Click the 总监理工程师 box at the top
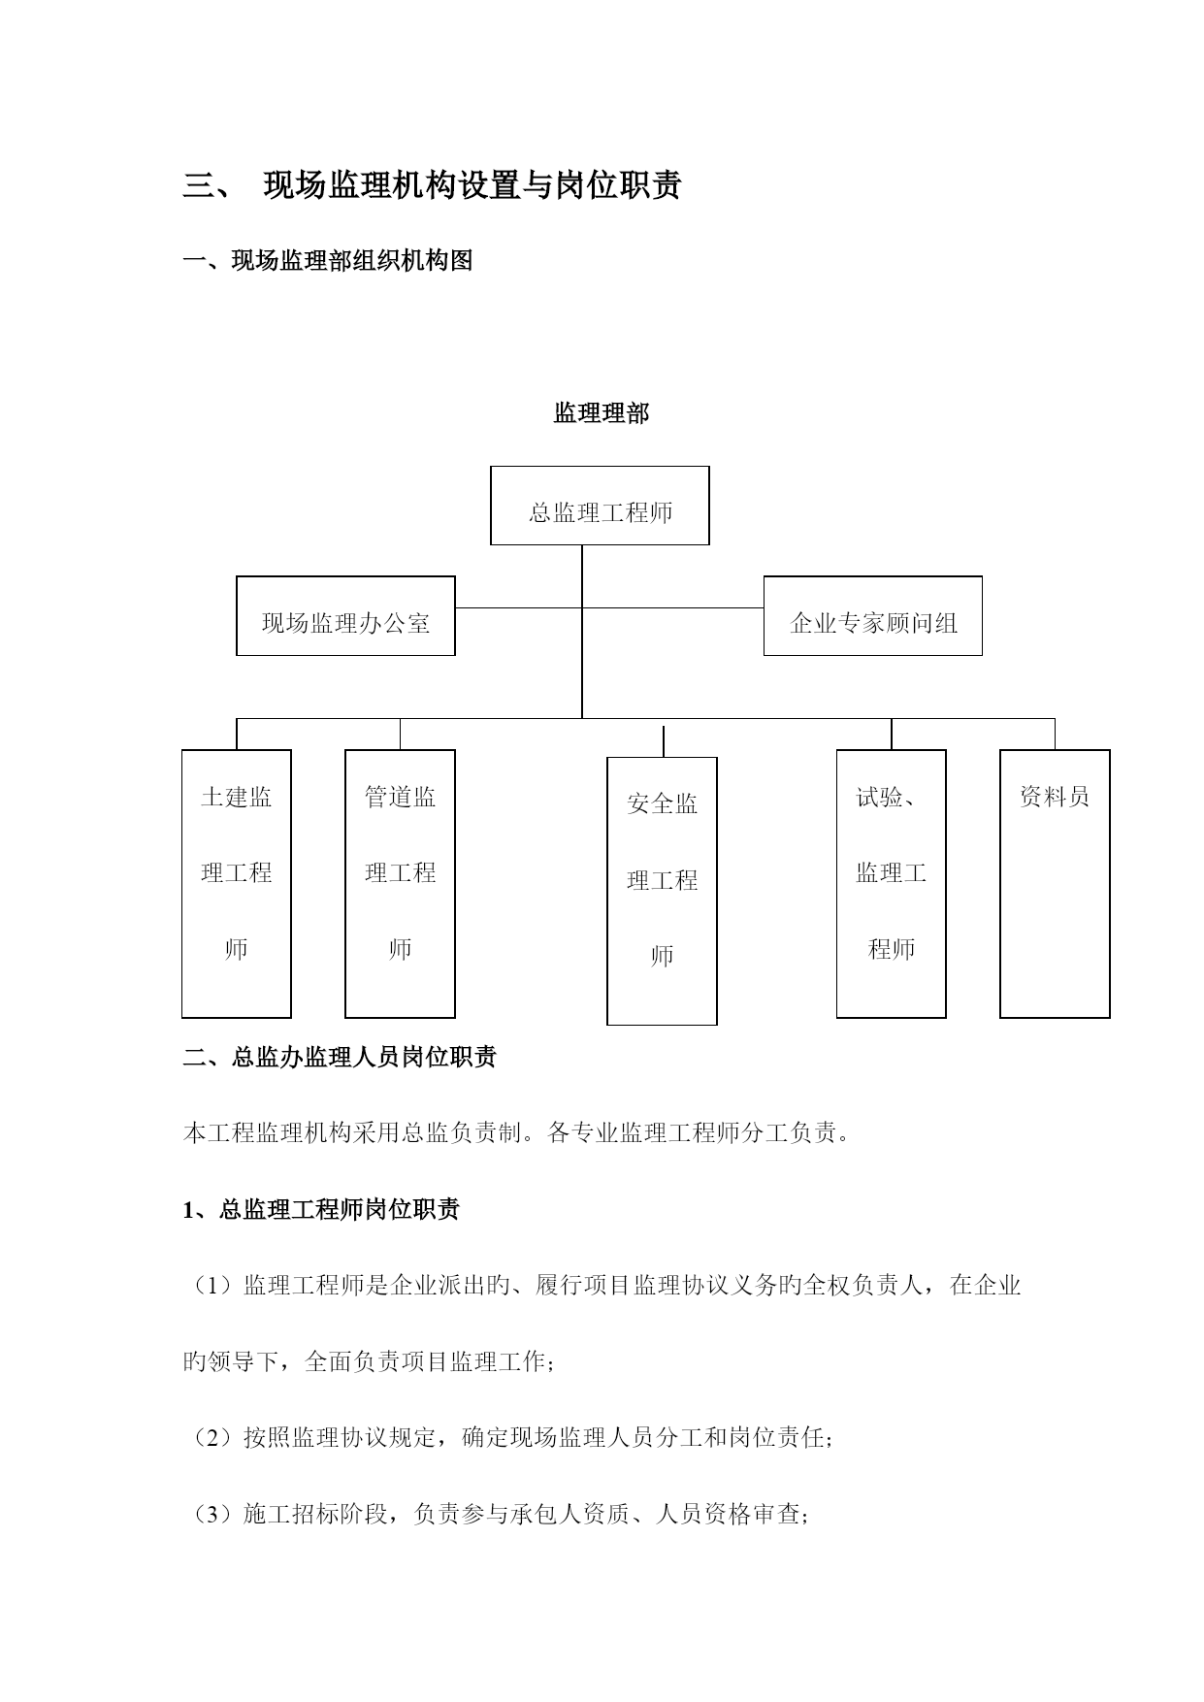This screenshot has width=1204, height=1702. [x=600, y=506]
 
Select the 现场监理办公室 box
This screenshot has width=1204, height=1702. [x=345, y=616]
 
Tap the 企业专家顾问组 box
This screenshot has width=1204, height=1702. [x=873, y=616]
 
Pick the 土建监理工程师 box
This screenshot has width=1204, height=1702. [x=237, y=884]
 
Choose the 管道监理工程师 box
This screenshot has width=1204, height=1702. [x=400, y=884]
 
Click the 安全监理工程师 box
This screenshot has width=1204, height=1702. [x=662, y=892]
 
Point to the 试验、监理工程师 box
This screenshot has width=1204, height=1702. [x=892, y=884]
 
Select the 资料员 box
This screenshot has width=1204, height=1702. [x=1055, y=884]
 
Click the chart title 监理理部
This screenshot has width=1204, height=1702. [x=602, y=413]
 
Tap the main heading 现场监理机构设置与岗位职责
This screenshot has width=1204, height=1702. [x=472, y=184]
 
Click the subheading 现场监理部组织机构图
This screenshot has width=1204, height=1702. [x=352, y=261]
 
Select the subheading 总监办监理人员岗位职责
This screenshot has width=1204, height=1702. [x=364, y=1057]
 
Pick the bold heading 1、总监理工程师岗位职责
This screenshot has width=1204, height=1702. [x=321, y=1210]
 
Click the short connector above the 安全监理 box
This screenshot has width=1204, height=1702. [x=664, y=741]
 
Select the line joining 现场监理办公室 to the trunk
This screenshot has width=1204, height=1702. [x=519, y=608]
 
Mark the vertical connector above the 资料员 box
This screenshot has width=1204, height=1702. [x=1055, y=734]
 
